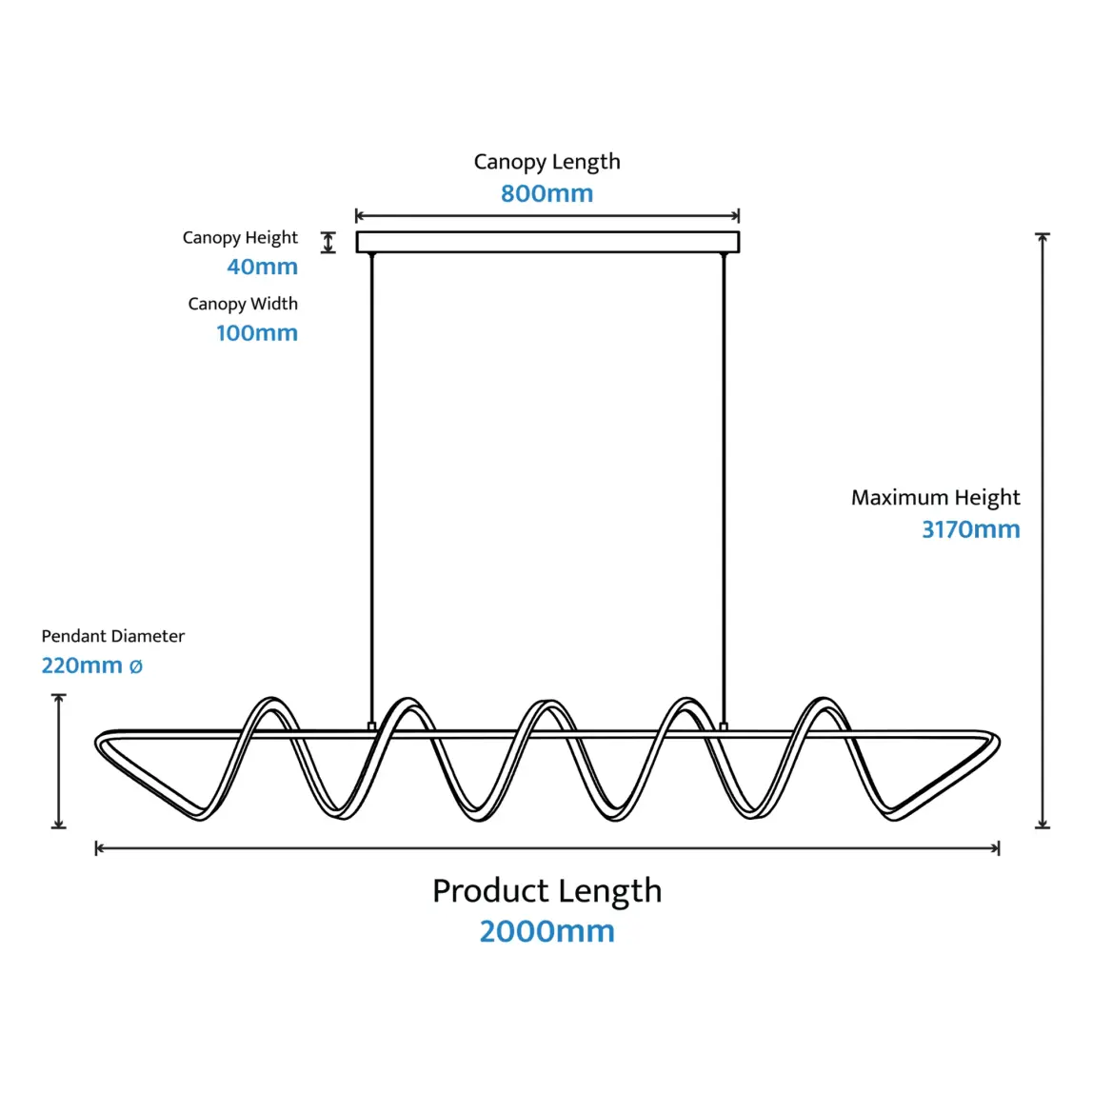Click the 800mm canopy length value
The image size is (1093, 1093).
tap(546, 193)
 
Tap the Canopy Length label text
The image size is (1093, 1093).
tap(546, 162)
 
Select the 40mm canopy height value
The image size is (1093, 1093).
tap(262, 267)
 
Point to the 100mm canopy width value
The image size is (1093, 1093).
tap(256, 333)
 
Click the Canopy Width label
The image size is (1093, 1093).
tap(243, 304)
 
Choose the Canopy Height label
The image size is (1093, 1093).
tap(240, 237)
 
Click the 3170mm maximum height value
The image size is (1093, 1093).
tap(970, 529)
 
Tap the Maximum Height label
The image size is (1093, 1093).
tap(935, 497)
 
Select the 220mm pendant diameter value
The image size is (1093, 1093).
tap(82, 666)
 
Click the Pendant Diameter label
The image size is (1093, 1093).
tap(112, 636)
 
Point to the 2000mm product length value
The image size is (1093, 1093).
tap(546, 930)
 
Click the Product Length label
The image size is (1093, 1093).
tap(546, 890)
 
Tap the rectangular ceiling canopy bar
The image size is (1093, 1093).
tap(547, 242)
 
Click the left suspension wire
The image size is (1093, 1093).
tap(371, 476)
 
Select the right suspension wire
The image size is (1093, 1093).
tap(724, 476)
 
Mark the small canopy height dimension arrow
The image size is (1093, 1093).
tap(328, 242)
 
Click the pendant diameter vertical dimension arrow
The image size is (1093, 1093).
tap(59, 761)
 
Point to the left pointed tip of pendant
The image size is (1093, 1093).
tap(99, 744)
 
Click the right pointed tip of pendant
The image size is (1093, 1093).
tap(996, 744)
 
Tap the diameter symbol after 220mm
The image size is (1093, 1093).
tap(135, 666)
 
